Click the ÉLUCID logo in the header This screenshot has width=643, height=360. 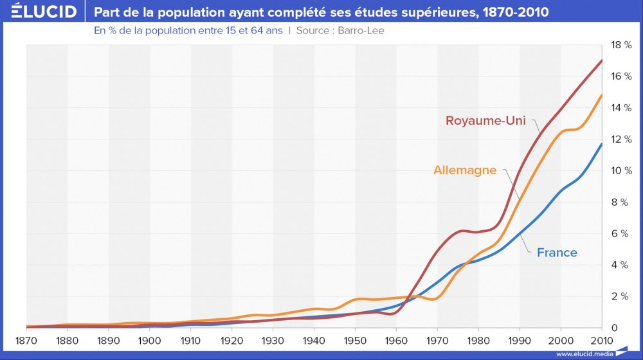pyautogui.click(x=40, y=12)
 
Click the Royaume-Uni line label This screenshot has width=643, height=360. pyautogui.click(x=485, y=121)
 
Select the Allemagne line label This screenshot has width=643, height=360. pyautogui.click(x=465, y=170)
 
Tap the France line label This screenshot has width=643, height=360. pyautogui.click(x=557, y=253)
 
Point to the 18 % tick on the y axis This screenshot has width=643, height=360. pyautogui.click(x=620, y=45)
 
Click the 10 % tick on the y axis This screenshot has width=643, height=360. pyautogui.click(x=620, y=171)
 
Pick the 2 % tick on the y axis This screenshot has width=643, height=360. pyautogui.click(x=620, y=296)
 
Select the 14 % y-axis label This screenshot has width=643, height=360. pyautogui.click(x=620, y=108)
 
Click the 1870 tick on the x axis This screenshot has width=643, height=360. pyautogui.click(x=26, y=339)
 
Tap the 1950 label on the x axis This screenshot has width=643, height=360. pyautogui.click(x=355, y=339)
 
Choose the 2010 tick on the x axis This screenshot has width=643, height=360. pyautogui.click(x=602, y=339)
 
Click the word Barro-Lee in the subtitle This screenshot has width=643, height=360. pyautogui.click(x=361, y=30)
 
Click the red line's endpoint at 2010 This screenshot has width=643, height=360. pyautogui.click(x=602, y=60)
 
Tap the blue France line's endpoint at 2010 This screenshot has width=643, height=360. pyautogui.click(x=602, y=144)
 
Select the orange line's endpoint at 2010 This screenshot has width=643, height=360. pyautogui.click(x=602, y=95)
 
